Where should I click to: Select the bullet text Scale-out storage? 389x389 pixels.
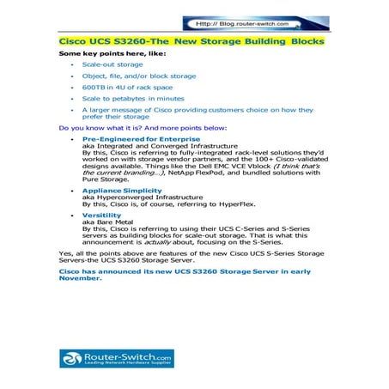tap(112, 64)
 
